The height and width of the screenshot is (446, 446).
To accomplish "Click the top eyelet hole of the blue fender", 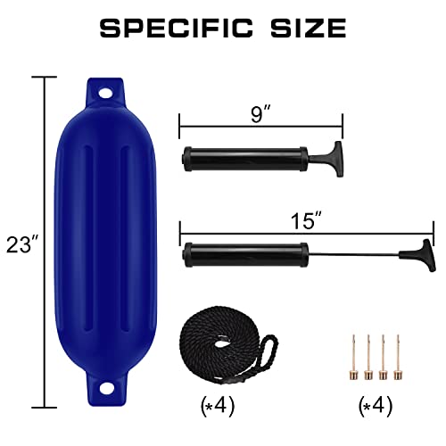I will point(105,92).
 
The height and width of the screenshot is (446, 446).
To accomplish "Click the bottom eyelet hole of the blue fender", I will point(105,388).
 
